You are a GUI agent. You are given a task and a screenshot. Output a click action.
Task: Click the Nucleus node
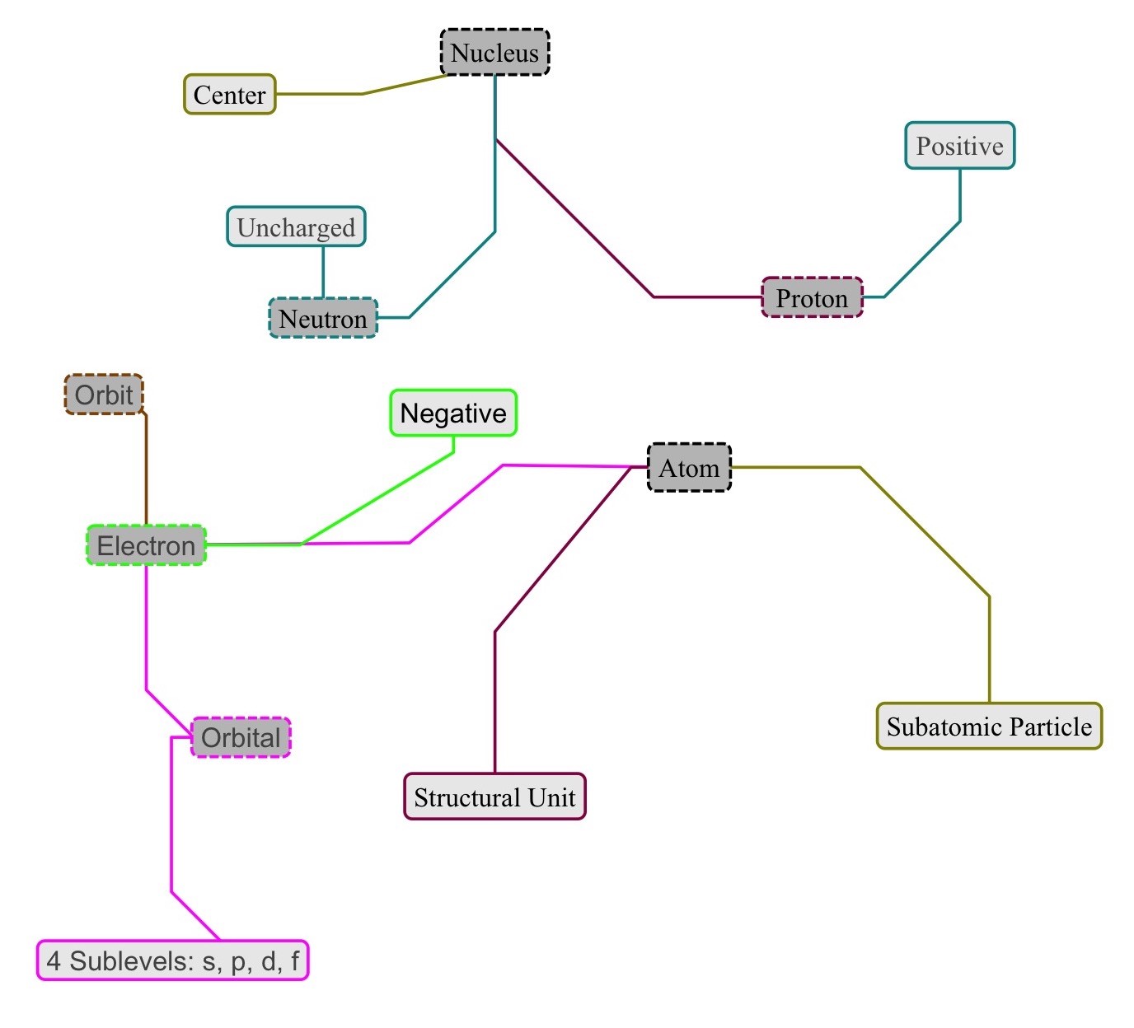coord(494,53)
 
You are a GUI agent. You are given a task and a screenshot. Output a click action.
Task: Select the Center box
coord(229,95)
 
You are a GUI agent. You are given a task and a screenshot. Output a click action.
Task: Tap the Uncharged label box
coord(296,227)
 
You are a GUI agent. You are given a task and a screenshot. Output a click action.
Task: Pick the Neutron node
coord(323,319)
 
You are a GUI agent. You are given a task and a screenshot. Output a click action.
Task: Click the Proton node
coord(812,298)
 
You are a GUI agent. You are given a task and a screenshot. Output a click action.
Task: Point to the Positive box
coord(959,147)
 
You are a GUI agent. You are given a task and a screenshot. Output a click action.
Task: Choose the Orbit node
coord(104,395)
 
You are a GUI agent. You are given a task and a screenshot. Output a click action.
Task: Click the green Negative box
coord(453,413)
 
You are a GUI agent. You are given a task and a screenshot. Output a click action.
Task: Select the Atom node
coord(689,468)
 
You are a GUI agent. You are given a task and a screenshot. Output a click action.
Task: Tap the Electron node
coord(146,545)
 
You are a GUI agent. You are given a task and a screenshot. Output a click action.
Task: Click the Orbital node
coord(241,737)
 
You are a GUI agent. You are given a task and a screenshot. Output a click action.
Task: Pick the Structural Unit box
coord(494,797)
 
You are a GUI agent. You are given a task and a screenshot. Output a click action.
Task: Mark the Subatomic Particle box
coord(989,727)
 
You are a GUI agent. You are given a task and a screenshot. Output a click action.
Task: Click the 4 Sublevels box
coord(173,960)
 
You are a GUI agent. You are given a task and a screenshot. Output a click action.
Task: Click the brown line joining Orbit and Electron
coord(146,470)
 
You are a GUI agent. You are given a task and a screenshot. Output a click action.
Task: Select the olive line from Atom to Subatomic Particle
coord(989,651)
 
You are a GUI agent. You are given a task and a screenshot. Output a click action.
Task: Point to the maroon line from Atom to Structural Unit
coord(494,700)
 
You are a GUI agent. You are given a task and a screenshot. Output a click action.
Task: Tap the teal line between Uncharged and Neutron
coord(323,272)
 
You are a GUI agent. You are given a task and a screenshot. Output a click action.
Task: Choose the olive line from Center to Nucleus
coord(363,94)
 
